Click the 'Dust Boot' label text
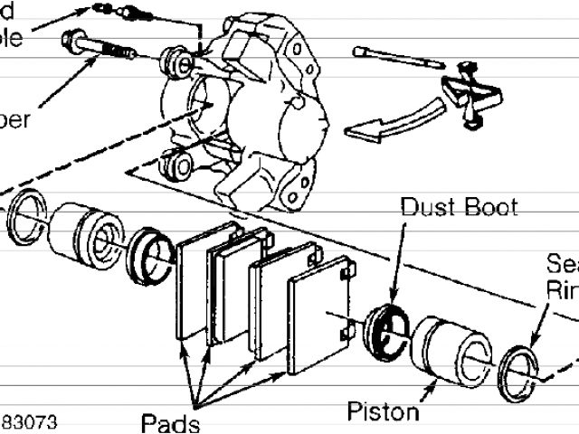coord(460,207)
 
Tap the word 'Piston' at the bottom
coord(384,412)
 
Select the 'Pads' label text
coord(170,421)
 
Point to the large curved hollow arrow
coord(397,120)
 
